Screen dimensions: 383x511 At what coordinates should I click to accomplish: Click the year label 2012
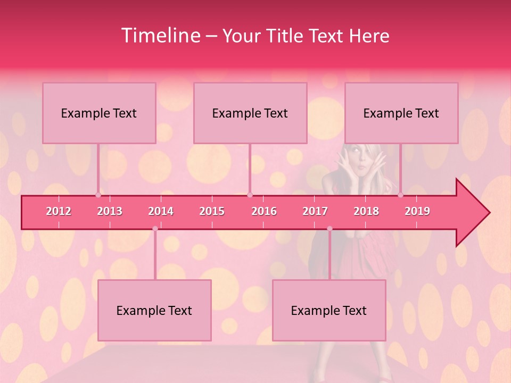coord(59,211)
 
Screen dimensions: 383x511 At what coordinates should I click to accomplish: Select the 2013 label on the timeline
coord(110,211)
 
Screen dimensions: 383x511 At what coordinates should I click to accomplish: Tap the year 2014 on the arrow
coord(161,211)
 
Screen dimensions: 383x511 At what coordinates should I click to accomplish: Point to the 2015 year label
coord(212,211)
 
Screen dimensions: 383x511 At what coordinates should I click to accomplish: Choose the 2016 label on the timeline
coord(264,211)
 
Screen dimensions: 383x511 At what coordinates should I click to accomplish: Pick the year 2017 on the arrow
coord(315,211)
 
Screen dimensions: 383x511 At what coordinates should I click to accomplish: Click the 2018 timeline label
coord(366,211)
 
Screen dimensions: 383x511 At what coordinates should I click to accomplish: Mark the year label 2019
coord(417,211)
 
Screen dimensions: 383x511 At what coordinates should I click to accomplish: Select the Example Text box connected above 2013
coord(99,113)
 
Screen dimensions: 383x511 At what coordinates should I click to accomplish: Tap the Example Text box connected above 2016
coord(250,113)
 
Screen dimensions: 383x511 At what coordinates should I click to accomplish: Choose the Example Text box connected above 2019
coord(401,113)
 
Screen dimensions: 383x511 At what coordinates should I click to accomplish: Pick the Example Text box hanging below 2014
coord(154,310)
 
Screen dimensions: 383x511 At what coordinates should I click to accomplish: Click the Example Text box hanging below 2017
coord(329,310)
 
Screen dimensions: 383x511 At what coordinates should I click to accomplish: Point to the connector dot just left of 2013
coord(98,195)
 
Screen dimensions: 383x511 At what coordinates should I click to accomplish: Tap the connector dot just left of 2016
coord(250,195)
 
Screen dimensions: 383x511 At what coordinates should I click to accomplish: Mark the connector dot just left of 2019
coord(401,195)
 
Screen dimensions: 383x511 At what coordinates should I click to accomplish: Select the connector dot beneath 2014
coord(155,229)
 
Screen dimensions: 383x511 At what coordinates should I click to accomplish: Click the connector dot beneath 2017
coord(329,229)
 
